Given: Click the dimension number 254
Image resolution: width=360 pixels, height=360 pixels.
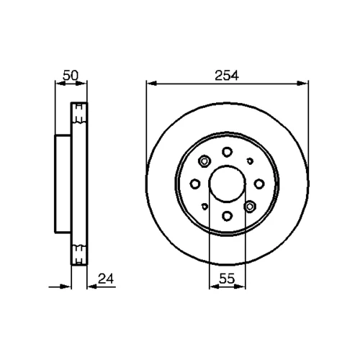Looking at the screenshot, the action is point(227,76).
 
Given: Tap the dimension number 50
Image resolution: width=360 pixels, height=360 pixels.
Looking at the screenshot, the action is point(71,76).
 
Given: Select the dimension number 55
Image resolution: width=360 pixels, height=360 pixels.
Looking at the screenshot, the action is point(227,279).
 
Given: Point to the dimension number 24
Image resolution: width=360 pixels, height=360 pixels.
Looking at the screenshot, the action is point(106,279).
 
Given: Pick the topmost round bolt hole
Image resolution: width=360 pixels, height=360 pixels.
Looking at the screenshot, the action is point(227,152).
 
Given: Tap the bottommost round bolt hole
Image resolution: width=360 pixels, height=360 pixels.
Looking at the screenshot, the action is point(227,216).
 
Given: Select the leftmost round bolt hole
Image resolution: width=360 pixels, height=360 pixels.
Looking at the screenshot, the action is point(195,184).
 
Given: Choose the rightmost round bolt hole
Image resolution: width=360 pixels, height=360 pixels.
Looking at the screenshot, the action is point(259,184).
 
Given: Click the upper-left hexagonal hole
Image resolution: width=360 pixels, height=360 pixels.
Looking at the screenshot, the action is point(204,161).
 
